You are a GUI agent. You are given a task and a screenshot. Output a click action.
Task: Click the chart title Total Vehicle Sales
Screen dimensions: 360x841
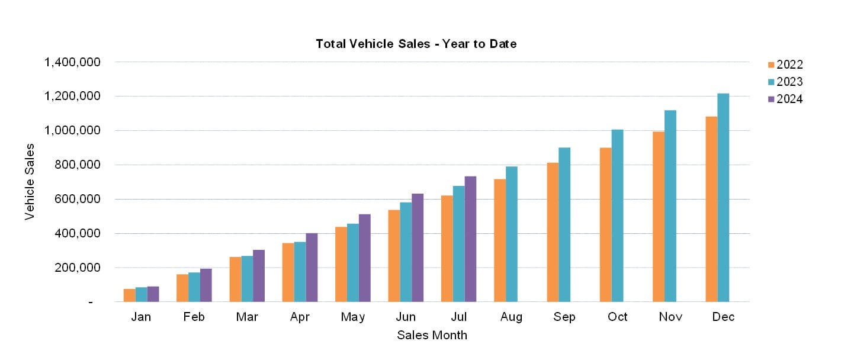(416, 44)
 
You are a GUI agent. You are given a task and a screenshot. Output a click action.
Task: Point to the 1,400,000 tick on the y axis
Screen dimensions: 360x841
(73, 62)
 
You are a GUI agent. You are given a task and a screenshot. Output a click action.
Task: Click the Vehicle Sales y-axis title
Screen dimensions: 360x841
(30, 182)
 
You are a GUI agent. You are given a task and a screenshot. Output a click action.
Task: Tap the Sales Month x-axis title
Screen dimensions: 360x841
(432, 336)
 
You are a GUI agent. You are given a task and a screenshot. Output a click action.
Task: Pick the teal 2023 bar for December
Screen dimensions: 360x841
(723, 198)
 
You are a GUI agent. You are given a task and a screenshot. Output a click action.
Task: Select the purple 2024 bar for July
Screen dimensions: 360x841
(470, 239)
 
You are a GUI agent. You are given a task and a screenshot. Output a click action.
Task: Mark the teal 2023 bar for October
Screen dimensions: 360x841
(617, 216)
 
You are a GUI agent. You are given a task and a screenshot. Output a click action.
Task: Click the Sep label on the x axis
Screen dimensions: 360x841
(564, 317)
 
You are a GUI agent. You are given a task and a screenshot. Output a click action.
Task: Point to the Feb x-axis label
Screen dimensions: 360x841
(194, 317)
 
